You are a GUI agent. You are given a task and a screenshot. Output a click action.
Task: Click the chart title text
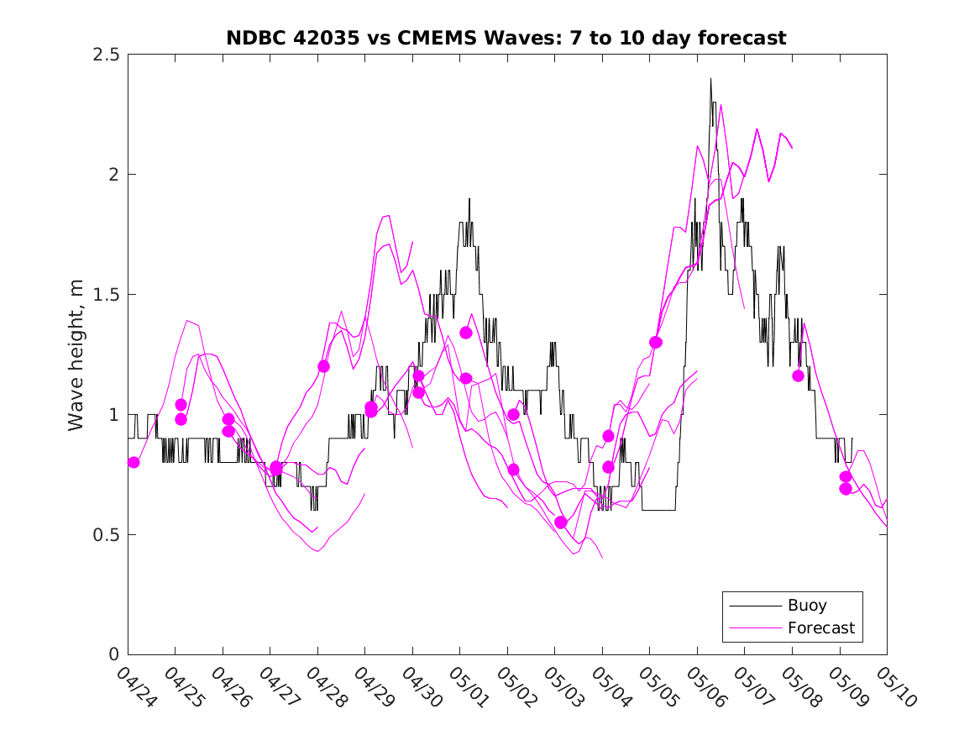(x=506, y=38)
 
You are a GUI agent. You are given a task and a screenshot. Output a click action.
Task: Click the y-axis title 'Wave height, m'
(x=76, y=354)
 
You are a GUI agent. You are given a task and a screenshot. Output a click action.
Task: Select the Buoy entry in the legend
(x=807, y=606)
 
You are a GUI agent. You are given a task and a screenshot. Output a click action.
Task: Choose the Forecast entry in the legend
(x=821, y=627)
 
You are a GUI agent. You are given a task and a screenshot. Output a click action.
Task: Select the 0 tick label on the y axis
(x=115, y=655)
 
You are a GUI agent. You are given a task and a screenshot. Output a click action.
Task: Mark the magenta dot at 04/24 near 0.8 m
(x=134, y=462)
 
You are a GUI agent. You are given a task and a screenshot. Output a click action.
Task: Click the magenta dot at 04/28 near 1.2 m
(x=324, y=366)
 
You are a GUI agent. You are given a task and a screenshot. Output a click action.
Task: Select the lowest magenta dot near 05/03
(x=561, y=522)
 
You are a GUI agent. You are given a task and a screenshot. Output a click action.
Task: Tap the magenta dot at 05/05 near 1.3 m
(x=656, y=342)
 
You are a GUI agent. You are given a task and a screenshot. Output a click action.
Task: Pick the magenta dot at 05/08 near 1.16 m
(x=798, y=375)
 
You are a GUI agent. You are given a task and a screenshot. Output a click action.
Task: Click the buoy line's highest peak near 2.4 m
(x=710, y=79)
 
